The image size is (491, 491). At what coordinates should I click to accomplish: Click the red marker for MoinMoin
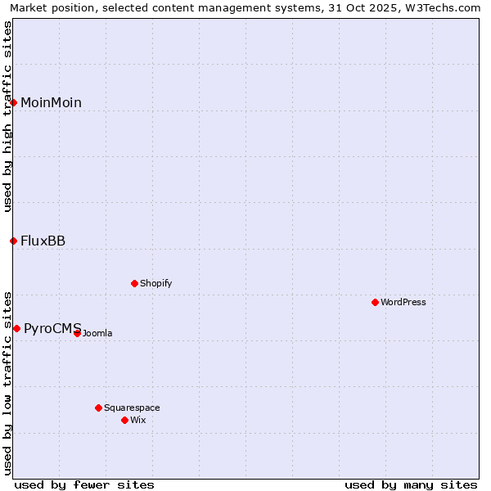[14, 102]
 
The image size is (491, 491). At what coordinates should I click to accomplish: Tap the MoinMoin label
[51, 103]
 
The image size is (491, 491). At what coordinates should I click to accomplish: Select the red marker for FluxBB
[14, 241]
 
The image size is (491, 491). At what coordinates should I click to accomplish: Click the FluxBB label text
[43, 241]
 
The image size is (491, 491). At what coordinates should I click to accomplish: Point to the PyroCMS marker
[16, 328]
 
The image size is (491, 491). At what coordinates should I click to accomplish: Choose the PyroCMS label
[52, 329]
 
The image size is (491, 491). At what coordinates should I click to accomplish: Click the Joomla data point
[78, 333]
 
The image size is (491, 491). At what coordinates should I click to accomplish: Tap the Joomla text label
[97, 334]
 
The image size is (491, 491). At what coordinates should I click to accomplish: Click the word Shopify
[155, 284]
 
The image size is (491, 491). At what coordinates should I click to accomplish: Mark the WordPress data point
[376, 302]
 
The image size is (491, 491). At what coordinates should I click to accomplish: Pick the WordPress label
[403, 303]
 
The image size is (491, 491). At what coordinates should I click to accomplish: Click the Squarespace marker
[99, 408]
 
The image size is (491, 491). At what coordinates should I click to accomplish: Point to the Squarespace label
[132, 408]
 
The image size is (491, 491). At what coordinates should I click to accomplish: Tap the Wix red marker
[125, 420]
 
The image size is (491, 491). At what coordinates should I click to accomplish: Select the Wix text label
[138, 421]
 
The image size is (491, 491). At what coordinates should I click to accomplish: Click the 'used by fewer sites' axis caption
[84, 485]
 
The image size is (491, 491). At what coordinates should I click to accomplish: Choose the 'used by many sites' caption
[411, 485]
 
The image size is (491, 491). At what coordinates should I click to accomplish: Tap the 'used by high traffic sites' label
[8, 116]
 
